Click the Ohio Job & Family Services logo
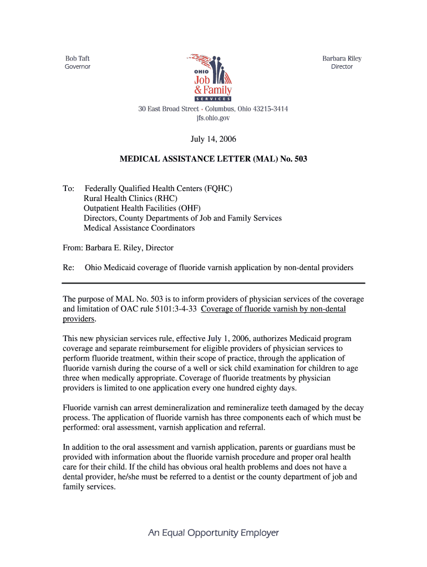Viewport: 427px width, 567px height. [x=212, y=78]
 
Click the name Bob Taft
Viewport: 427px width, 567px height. [x=78, y=59]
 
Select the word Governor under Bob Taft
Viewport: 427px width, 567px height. [x=78, y=67]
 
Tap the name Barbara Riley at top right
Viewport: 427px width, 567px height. [x=342, y=59]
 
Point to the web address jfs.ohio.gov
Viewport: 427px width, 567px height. [x=213, y=118]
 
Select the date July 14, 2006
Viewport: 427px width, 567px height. [x=213, y=140]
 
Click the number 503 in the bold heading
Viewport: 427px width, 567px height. [x=299, y=159]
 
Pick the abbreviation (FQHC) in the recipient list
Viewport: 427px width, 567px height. [x=213, y=189]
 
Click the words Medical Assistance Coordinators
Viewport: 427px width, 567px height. [x=139, y=228]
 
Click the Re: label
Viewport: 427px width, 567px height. [x=69, y=268]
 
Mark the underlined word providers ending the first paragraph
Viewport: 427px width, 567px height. [x=78, y=319]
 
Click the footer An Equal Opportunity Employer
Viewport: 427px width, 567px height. [x=213, y=533]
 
